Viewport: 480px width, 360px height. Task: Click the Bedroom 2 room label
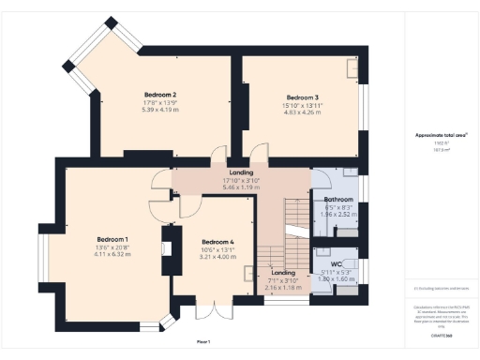pyautogui.click(x=161, y=95)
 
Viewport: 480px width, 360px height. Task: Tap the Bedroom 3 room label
pyautogui.click(x=303, y=97)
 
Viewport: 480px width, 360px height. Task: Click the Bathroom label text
pyautogui.click(x=338, y=200)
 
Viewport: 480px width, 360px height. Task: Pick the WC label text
pyautogui.click(x=337, y=264)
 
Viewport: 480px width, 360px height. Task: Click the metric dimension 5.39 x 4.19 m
pyautogui.click(x=161, y=110)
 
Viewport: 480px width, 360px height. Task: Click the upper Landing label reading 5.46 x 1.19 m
pyautogui.click(x=240, y=187)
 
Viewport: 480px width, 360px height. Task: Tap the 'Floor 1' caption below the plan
pyautogui.click(x=203, y=340)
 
